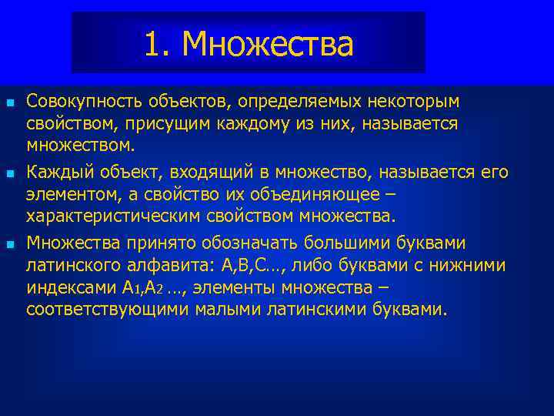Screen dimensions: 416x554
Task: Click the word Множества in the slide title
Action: [269, 45]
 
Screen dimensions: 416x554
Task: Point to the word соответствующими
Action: [94, 309]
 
